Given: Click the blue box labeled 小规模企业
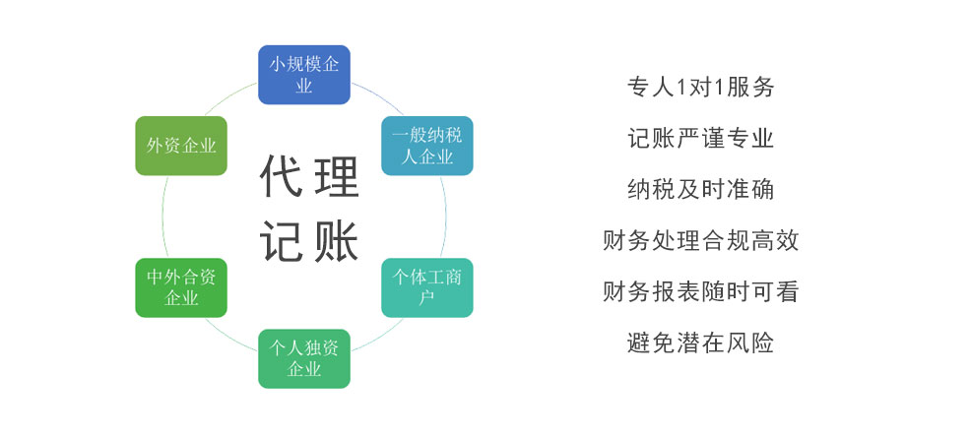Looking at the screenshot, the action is pyautogui.click(x=303, y=75).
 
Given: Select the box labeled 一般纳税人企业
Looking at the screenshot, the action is pyautogui.click(x=426, y=146).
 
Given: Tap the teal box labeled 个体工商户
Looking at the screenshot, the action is pyautogui.click(x=426, y=287).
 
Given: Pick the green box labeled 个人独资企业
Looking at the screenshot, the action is pyautogui.click(x=303, y=358).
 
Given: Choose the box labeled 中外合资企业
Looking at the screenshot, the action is pyautogui.click(x=181, y=287).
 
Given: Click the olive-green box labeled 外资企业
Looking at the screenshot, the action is pyautogui.click(x=181, y=146).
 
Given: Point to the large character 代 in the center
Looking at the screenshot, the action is pyautogui.click(x=282, y=176).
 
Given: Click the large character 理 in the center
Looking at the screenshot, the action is pyautogui.click(x=337, y=176).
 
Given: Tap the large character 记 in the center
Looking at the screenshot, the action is pyautogui.click(x=282, y=240).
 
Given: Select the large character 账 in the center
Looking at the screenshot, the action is pyautogui.click(x=337, y=240).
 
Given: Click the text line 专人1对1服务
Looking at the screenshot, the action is pyautogui.click(x=700, y=88).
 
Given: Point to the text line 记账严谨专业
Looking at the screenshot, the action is pyautogui.click(x=700, y=138).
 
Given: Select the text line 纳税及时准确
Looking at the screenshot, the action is pyautogui.click(x=700, y=189).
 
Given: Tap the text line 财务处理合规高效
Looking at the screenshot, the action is pyautogui.click(x=700, y=240).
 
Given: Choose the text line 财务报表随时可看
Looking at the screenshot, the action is pyautogui.click(x=700, y=291).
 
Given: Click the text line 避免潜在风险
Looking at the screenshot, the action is pyautogui.click(x=700, y=343).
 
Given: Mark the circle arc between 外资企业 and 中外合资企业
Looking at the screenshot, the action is pyautogui.click(x=162, y=217).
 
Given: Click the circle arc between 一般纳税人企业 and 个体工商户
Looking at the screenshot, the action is pyautogui.click(x=445, y=217).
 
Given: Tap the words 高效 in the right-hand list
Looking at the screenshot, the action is pyautogui.click(x=774, y=240).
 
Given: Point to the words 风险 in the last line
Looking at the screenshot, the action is pyautogui.click(x=749, y=343).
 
